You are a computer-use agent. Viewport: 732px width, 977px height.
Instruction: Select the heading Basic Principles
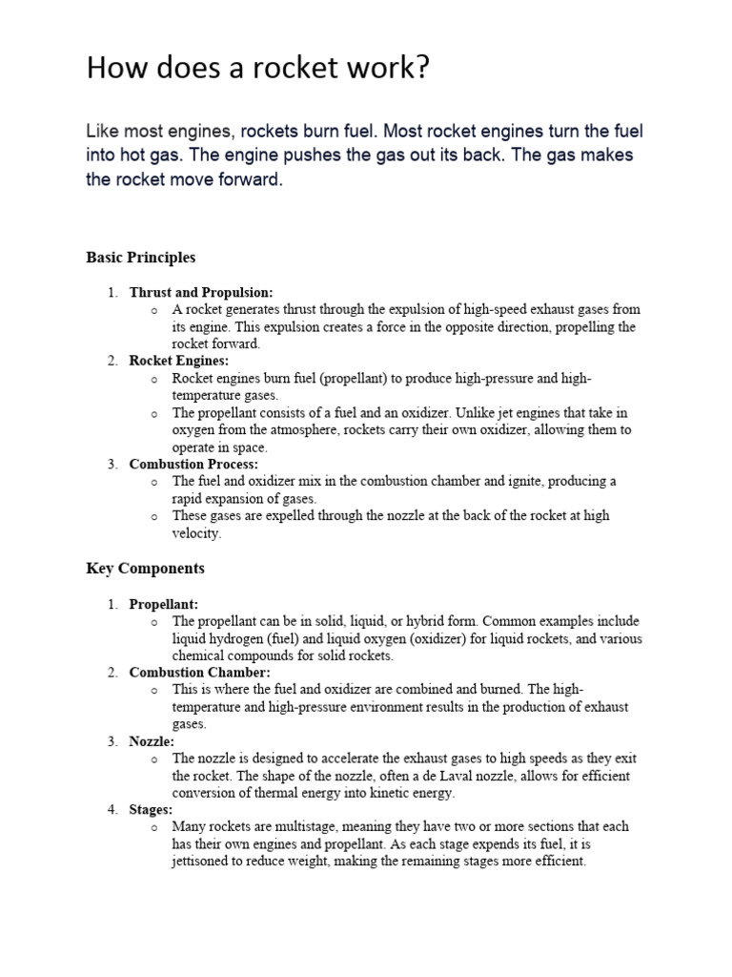[x=140, y=258]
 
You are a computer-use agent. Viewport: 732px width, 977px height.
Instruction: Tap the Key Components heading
[x=145, y=569]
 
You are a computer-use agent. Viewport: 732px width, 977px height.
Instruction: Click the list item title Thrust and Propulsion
[x=201, y=293]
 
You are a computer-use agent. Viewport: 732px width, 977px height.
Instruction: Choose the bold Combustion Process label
[x=193, y=465]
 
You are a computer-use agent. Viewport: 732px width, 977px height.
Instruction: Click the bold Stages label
[x=151, y=810]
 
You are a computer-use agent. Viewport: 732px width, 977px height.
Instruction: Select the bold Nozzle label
[x=151, y=741]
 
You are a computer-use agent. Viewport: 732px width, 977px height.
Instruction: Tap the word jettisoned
[x=205, y=862]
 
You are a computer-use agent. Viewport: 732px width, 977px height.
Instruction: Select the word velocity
[x=195, y=533]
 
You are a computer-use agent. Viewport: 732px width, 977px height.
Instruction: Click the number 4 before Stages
[x=111, y=810]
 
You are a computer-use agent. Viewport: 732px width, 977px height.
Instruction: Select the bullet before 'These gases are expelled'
[x=153, y=516]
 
